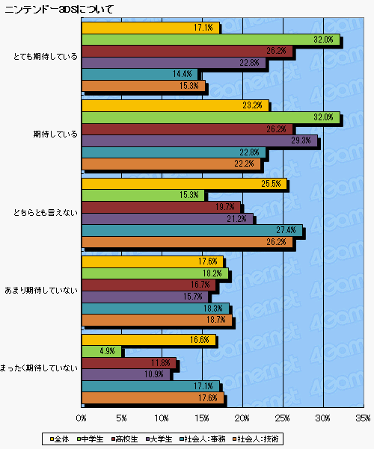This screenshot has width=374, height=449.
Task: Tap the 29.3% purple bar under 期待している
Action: click(x=200, y=141)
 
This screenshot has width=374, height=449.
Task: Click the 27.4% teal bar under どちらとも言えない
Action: click(x=191, y=231)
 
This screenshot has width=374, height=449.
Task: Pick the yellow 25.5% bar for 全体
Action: click(x=183, y=183)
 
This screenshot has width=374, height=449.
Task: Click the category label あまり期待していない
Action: click(x=40, y=290)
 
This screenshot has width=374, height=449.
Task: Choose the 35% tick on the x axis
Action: click(x=364, y=418)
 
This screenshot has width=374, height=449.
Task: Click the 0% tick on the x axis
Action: click(x=82, y=418)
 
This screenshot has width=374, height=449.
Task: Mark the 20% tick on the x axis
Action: click(x=242, y=418)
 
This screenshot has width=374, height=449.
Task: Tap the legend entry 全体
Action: click(x=58, y=437)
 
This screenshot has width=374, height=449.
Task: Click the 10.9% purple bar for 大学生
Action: click(x=126, y=374)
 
